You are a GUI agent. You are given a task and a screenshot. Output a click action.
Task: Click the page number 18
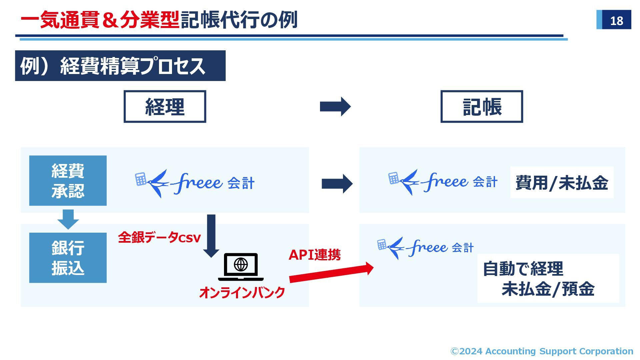point(616,21)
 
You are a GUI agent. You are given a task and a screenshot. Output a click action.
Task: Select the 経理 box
point(165,107)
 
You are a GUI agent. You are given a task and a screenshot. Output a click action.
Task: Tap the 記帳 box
point(482,107)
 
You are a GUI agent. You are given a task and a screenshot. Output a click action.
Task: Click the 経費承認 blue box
point(68,181)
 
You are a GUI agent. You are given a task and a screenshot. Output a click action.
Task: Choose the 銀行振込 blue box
point(68,258)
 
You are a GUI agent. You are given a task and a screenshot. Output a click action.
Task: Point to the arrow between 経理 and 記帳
point(335,107)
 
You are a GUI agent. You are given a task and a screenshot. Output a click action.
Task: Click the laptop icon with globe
point(241,267)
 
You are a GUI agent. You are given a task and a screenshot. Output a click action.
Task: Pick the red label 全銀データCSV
point(159,238)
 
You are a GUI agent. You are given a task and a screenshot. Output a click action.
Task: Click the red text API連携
point(314,255)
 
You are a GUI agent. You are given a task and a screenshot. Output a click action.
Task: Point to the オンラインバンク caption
point(242,293)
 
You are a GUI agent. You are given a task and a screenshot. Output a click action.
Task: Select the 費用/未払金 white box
point(562,183)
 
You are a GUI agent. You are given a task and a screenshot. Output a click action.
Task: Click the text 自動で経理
point(523,269)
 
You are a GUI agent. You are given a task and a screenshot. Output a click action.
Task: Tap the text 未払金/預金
point(548,289)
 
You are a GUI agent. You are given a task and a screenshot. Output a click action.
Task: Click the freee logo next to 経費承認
point(195,183)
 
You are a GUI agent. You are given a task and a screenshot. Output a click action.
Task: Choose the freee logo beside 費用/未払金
point(443,182)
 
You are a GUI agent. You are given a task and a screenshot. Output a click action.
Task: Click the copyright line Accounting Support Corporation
point(542,351)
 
